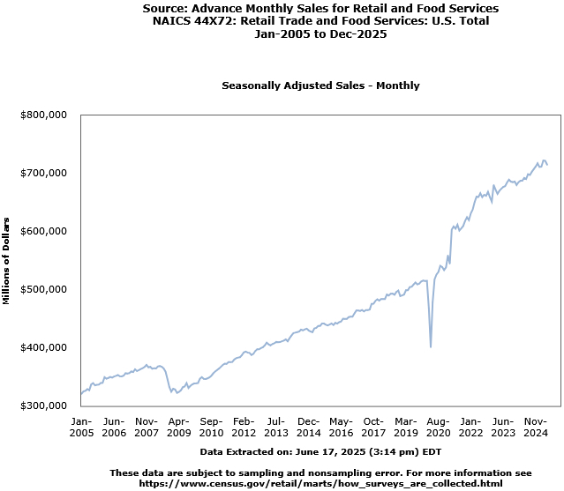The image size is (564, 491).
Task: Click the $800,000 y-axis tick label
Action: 43,115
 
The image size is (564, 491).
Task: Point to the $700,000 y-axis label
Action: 43,173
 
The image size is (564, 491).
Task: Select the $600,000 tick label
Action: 43,231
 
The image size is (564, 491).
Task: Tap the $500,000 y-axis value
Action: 43,289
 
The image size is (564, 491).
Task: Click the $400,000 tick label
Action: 43,347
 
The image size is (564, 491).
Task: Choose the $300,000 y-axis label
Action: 43,405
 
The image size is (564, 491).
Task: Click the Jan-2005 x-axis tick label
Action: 81,427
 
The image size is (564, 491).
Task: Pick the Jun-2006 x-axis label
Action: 114,427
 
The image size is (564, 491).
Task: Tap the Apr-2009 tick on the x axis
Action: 179,427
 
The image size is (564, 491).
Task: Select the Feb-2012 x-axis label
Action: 244,427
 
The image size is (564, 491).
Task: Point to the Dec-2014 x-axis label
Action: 309,427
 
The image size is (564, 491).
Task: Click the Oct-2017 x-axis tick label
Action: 373,427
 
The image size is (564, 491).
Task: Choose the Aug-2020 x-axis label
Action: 439,427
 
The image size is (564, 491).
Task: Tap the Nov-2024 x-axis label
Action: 536,427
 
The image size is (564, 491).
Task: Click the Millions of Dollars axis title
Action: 6,260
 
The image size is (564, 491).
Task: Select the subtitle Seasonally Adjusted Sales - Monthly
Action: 320,86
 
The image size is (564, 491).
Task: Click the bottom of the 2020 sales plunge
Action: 431,346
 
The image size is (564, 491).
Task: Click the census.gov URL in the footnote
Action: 320,483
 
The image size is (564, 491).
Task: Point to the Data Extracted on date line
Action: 320,450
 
